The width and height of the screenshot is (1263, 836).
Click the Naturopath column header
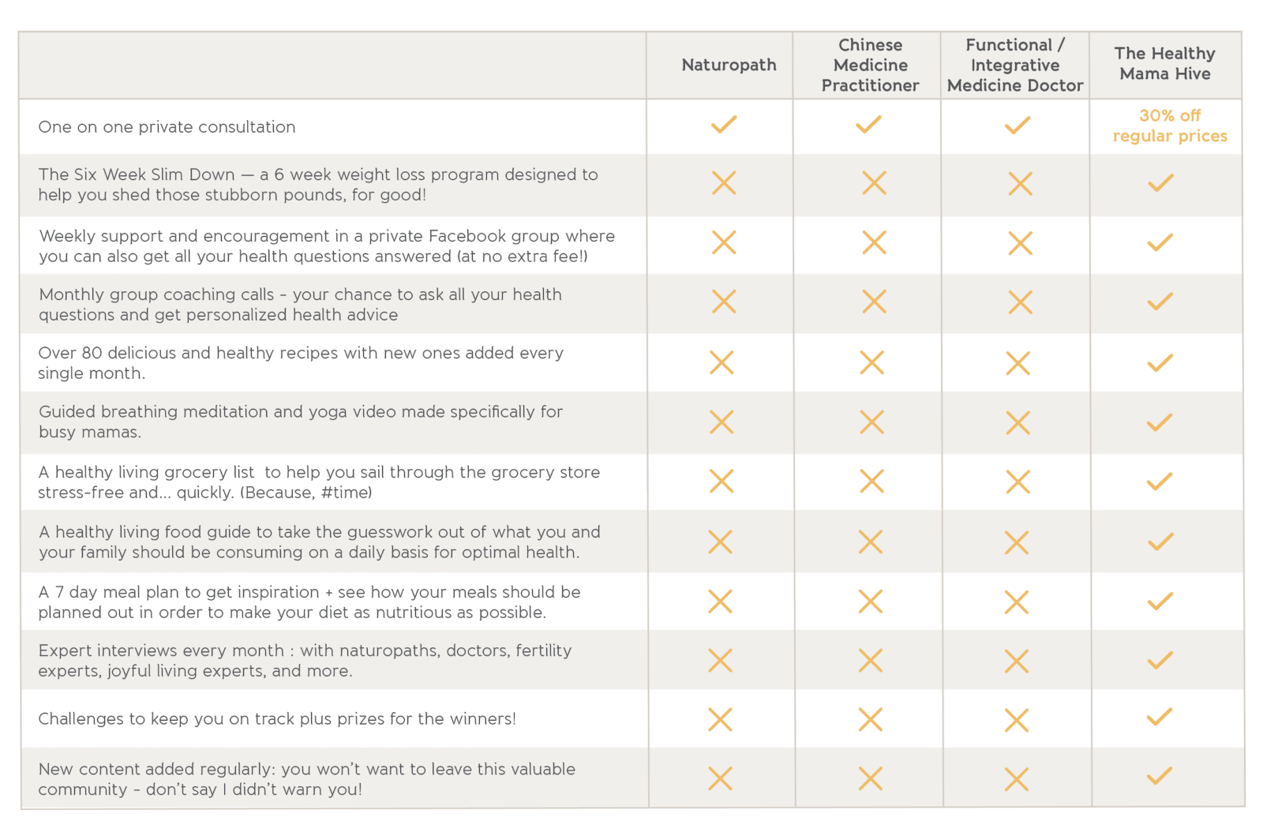[729, 66]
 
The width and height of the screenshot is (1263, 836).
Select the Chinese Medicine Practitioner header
[870, 66]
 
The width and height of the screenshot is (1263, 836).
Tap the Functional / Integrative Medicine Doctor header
[1015, 66]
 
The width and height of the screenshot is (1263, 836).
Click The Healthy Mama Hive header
[1165, 64]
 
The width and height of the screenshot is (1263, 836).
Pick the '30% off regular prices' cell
[1170, 126]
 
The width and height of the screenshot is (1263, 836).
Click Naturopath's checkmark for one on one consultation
[724, 125]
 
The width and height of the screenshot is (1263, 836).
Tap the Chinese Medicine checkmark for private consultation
[869, 125]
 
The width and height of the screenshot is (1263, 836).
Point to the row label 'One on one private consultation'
[167, 127]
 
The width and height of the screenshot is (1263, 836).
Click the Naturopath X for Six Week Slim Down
[724, 183]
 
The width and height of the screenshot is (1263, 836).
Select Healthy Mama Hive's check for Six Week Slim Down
[1160, 182]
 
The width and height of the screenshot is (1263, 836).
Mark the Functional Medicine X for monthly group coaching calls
[1021, 302]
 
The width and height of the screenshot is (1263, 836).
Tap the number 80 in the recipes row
[92, 354]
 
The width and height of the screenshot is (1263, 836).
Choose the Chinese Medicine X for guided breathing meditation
[871, 422]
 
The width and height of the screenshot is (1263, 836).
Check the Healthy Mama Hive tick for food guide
[1160, 542]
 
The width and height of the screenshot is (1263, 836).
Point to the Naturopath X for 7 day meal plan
[721, 602]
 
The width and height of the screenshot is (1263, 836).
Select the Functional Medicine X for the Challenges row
[1018, 721]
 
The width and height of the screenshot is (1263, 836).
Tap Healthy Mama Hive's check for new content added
[1160, 776]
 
